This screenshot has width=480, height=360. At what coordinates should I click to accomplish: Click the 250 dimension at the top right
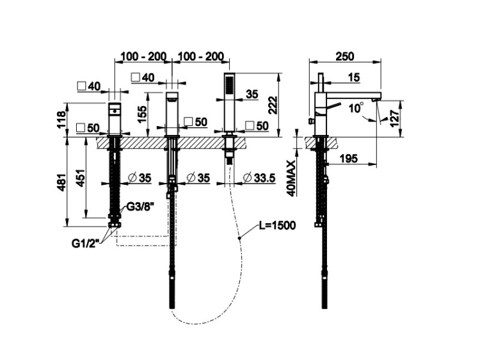(x=344, y=56)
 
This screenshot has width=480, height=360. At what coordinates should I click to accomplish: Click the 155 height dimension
(x=142, y=114)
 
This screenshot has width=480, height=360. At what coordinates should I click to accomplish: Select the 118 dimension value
(x=61, y=119)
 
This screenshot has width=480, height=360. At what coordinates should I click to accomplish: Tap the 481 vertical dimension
(x=61, y=182)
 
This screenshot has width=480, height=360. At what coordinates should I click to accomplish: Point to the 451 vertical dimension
(x=80, y=180)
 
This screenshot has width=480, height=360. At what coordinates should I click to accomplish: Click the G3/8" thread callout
(x=139, y=207)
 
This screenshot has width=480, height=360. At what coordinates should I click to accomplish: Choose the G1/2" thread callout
(x=84, y=243)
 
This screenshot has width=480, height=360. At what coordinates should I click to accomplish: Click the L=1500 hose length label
(x=277, y=226)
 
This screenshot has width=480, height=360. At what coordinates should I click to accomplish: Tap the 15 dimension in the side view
(x=354, y=78)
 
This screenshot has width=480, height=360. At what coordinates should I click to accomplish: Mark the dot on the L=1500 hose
(x=240, y=238)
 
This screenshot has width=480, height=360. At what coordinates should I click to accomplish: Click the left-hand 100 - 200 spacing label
(x=141, y=57)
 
